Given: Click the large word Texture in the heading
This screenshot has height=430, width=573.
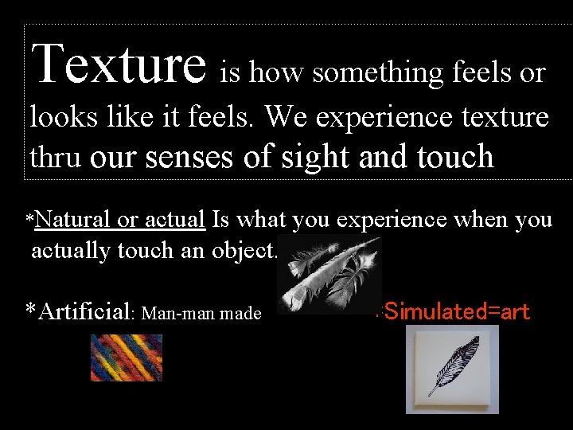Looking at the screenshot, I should point(120,64).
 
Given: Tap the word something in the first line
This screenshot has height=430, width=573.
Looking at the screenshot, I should point(378,73).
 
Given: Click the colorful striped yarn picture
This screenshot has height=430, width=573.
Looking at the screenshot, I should point(126,358).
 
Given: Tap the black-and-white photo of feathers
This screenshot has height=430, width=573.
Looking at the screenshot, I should point(329,275).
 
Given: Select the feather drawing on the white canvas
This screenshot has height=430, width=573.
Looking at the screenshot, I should point(452,368).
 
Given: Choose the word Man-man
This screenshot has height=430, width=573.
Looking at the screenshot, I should point(175,314).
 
